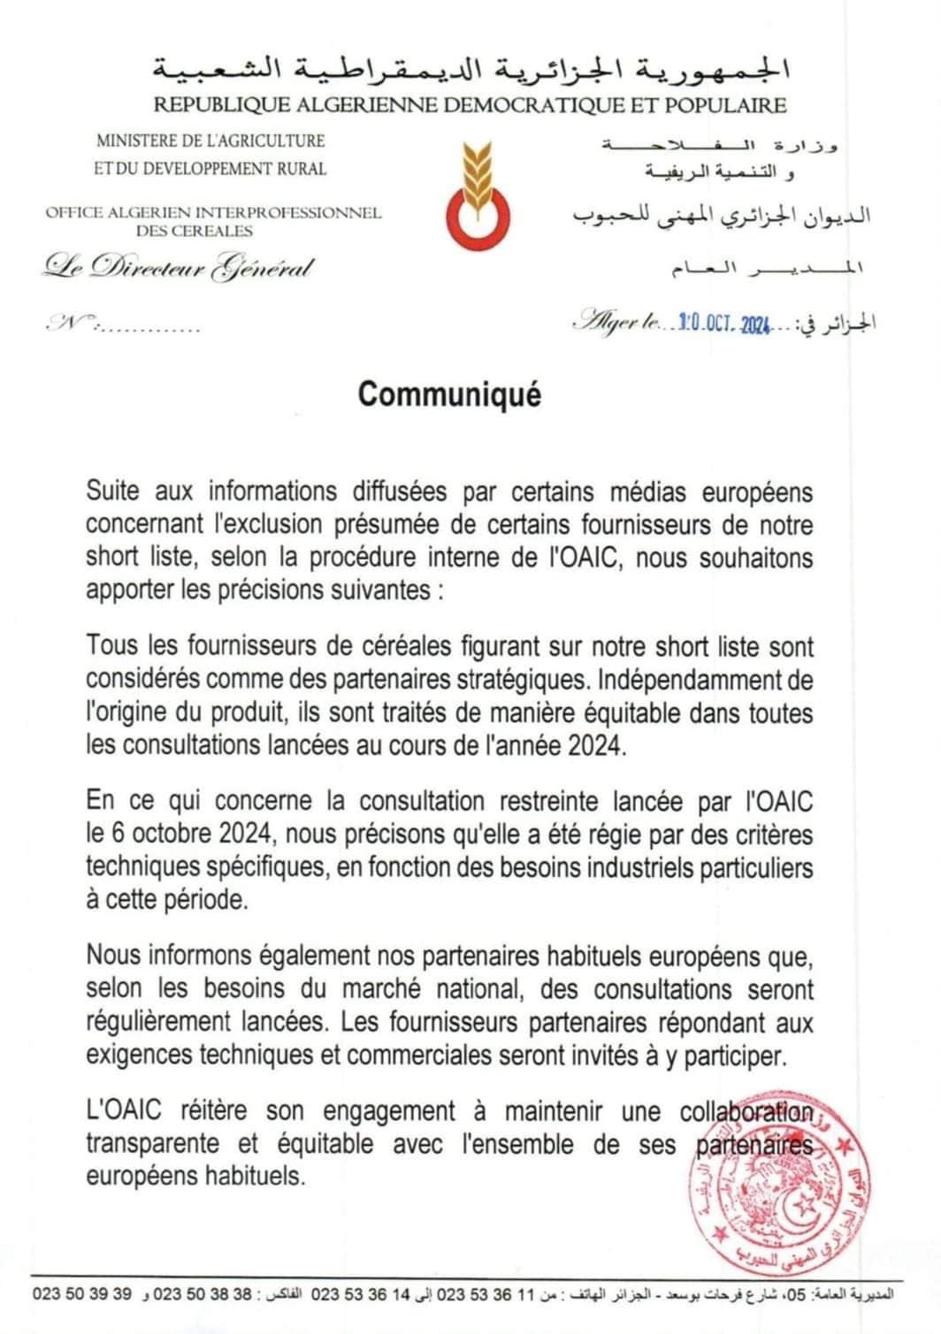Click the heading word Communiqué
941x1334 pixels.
click(448, 394)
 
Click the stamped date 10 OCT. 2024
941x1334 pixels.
click(721, 324)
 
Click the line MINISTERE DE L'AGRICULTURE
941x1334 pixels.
click(210, 141)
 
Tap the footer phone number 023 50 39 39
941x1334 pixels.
click(81, 1294)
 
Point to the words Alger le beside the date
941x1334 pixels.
click(623, 324)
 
